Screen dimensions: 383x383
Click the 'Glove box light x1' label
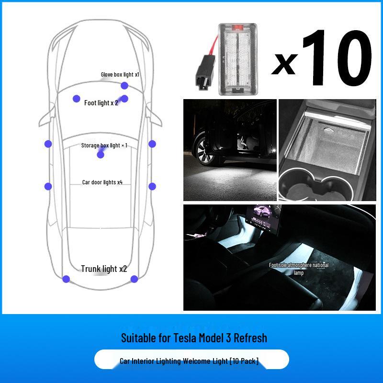pos(120,75)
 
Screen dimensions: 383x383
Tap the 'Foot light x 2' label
pos(101,103)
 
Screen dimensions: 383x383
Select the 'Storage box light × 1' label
pos(104,145)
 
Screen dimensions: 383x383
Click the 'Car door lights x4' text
pos(102,182)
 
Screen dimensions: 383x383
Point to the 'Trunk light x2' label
pos(103,269)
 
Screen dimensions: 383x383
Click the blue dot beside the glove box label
pos(124,86)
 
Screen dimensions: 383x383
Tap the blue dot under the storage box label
pos(101,155)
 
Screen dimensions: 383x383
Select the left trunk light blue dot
pos(66,279)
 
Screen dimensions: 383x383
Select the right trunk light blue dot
pos(135,279)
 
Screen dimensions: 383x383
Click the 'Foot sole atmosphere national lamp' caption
pos(292,269)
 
